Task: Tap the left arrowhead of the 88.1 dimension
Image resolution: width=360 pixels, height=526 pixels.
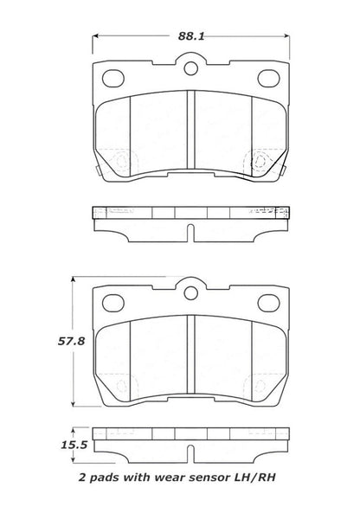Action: [x=95, y=37]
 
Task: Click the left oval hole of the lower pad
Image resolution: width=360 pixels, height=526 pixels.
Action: [x=112, y=303]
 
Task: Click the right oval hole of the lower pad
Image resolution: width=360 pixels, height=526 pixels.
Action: [x=266, y=303]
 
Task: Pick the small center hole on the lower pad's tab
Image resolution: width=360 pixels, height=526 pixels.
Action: [x=190, y=286]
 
